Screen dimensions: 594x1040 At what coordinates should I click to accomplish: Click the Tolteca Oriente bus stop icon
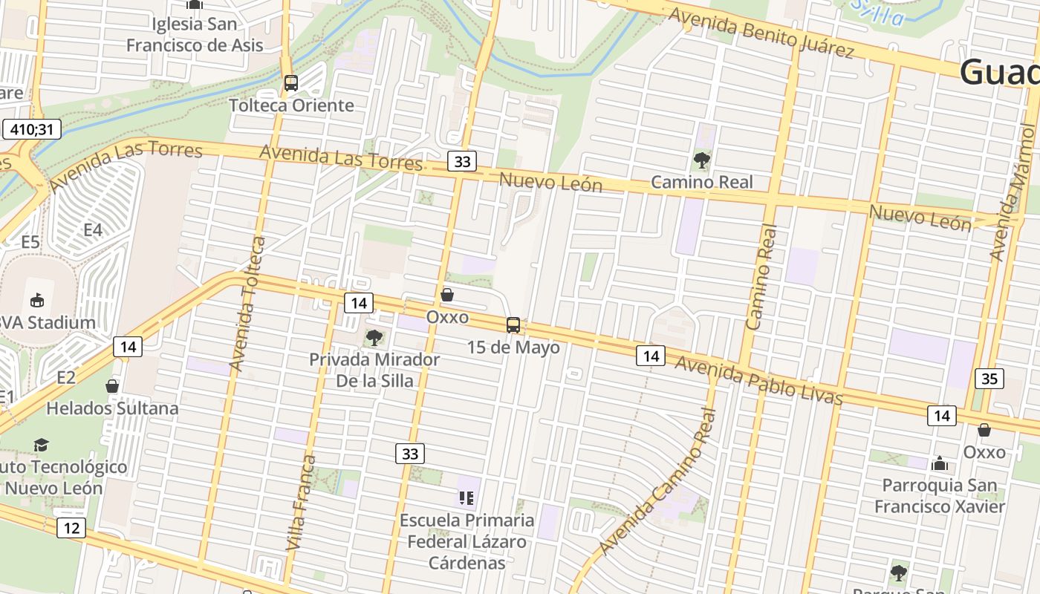(290, 83)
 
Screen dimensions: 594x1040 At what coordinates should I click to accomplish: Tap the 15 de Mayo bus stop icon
(513, 324)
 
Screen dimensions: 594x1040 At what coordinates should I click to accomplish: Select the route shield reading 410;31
(31, 129)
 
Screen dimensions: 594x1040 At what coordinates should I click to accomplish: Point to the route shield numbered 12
(71, 528)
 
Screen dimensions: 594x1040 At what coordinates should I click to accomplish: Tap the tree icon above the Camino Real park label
(701, 160)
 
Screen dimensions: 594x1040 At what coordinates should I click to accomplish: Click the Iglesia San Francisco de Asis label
(195, 34)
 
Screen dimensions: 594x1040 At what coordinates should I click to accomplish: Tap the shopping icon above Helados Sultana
(112, 386)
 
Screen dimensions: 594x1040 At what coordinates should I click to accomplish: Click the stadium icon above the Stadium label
(36, 300)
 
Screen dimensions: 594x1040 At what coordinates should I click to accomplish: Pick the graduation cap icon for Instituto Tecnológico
(41, 445)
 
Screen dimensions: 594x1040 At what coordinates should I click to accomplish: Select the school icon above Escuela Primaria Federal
(467, 497)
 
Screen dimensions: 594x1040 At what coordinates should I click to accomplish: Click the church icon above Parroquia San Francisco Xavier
(940, 464)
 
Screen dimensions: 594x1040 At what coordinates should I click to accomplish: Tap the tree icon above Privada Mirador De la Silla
(374, 339)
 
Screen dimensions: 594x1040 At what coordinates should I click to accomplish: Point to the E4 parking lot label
(92, 230)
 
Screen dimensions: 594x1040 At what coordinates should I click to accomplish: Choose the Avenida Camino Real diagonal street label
(660, 482)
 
